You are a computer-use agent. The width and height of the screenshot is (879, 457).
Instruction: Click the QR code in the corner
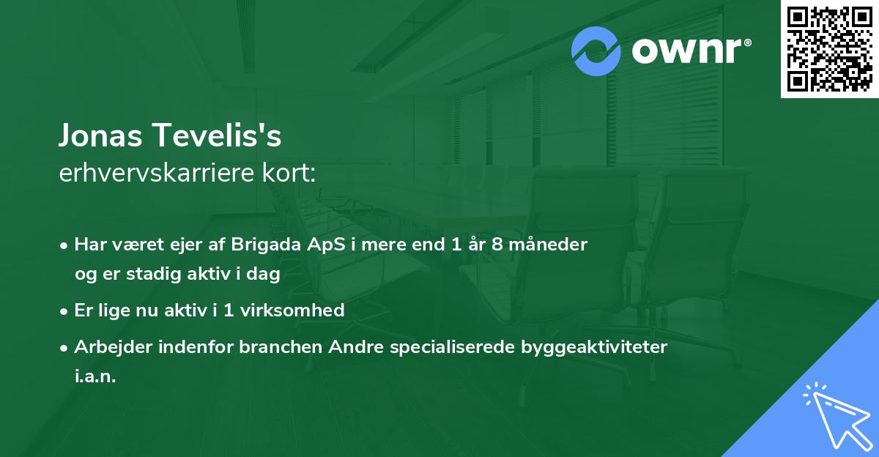[830, 48]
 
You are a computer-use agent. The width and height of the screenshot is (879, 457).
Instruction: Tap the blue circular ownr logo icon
[596, 51]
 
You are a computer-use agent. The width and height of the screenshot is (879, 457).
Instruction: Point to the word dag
[264, 275]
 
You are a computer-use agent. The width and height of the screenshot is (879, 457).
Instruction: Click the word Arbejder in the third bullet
[108, 347]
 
